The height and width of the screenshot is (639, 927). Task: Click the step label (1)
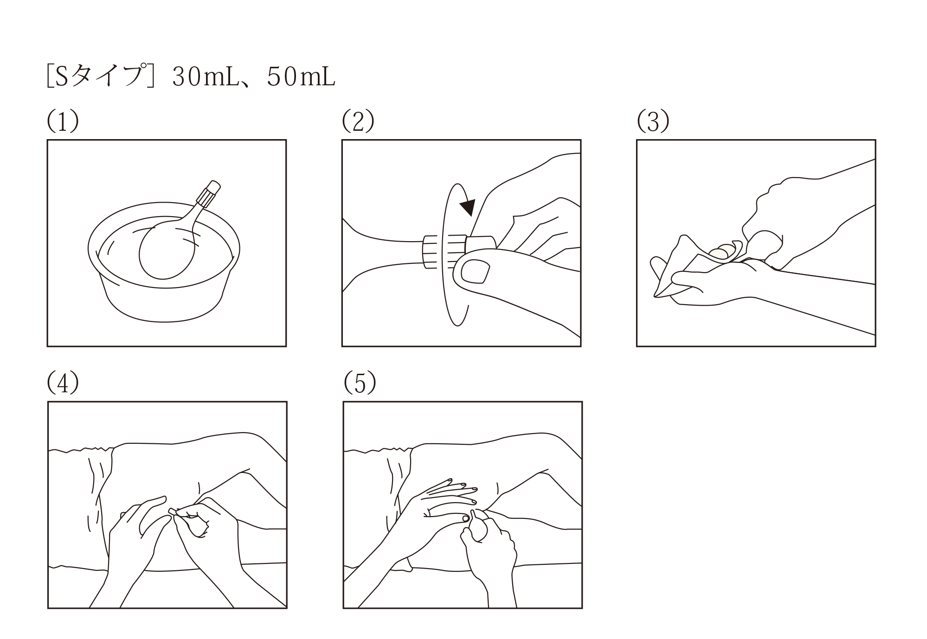(x=63, y=121)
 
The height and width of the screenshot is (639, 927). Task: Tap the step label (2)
(x=358, y=121)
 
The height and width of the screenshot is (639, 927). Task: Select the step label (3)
(x=653, y=121)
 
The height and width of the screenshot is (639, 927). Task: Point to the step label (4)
(x=63, y=383)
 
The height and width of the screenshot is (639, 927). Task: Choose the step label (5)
(x=360, y=383)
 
